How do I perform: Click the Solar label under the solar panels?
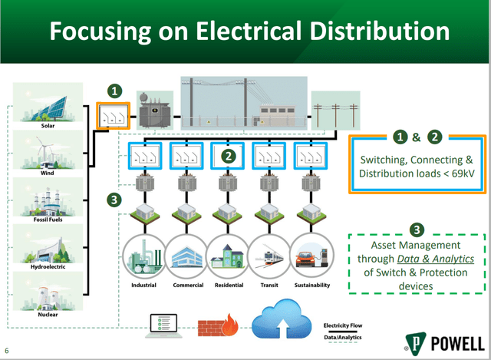coord(48,126)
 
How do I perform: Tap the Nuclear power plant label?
coord(48,314)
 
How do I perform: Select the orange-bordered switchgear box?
coord(113,116)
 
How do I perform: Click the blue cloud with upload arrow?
coord(282,319)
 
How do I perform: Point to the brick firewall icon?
coord(218,325)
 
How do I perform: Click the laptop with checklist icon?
coord(163,326)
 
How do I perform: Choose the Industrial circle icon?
coord(144,256)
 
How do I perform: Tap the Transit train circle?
coord(269,256)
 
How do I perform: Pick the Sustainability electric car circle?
coord(312,256)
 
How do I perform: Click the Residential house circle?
coord(228,256)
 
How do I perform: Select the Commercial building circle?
coord(186,256)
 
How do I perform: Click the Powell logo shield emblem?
coord(416,344)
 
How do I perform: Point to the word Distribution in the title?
coord(380,31)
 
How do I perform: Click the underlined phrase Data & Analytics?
coord(436,259)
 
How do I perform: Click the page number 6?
coord(7,350)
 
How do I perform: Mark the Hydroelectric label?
coord(48,266)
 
